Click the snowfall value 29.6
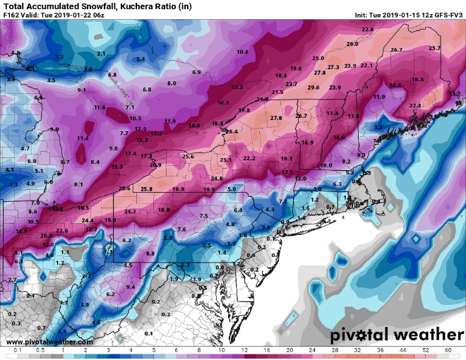[313, 87]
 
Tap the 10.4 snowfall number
[243, 52]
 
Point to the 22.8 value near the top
[367, 29]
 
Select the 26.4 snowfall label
[232, 131]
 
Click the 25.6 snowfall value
[188, 156]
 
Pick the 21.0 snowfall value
[263, 100]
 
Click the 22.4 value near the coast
[415, 105]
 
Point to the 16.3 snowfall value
[417, 79]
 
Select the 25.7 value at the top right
[434, 48]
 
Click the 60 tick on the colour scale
[448, 350]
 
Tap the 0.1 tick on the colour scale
[17, 350]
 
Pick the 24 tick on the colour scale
[312, 350]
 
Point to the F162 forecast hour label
[13, 15]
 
